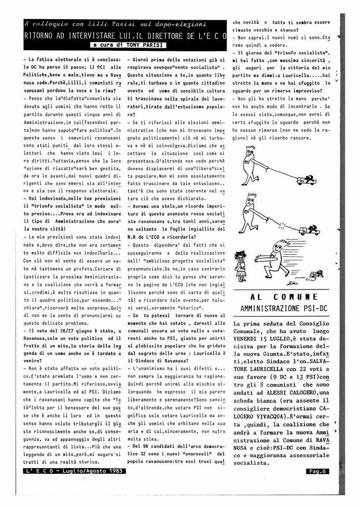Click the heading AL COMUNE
click(283, 297)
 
